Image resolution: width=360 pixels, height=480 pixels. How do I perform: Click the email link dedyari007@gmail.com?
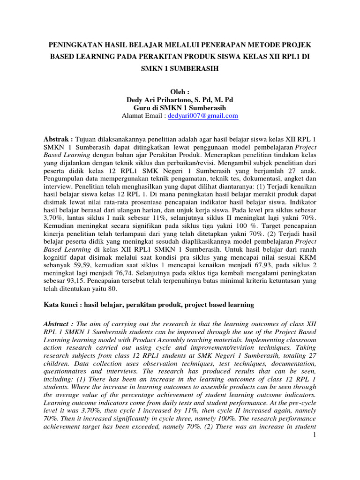click(x=202, y=116)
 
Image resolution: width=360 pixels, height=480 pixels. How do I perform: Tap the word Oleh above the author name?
click(x=178, y=91)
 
